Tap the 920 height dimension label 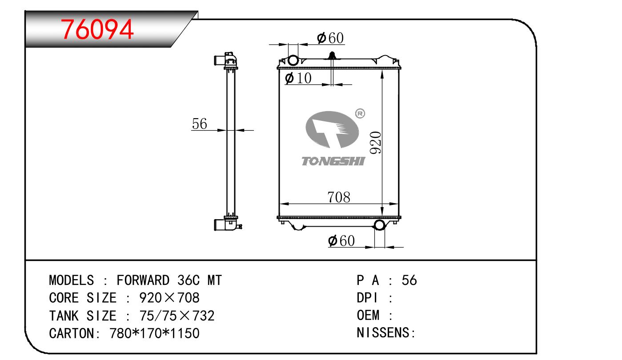tap(375, 142)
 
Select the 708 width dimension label tap(338, 196)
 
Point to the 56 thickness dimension tap(200, 124)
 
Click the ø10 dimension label tap(298, 78)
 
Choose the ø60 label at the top tap(330, 38)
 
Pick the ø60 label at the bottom tap(341, 241)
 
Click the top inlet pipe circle tap(293, 60)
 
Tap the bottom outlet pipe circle tap(380, 225)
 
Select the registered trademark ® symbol tap(360, 114)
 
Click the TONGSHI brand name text tap(333, 161)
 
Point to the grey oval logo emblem tap(332, 129)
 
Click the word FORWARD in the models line tap(143, 280)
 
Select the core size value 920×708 tap(169, 298)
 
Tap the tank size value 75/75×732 tap(177, 316)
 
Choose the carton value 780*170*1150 tap(154, 333)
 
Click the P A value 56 tap(409, 280)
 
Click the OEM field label tap(368, 316)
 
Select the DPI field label tap(367, 298)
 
